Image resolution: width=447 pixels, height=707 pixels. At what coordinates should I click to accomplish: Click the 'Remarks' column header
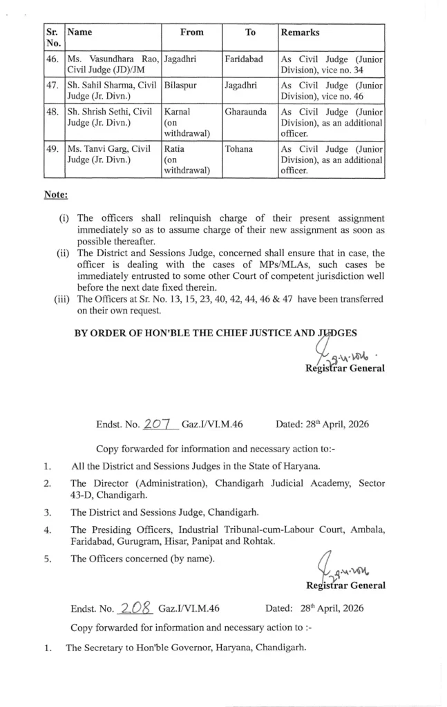coord(300,32)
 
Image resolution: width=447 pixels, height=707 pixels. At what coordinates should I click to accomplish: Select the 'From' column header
coord(192,32)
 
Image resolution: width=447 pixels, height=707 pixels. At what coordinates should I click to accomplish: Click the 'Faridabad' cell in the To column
coord(244,59)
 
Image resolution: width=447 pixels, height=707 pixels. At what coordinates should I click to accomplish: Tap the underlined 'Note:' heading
coord(56,195)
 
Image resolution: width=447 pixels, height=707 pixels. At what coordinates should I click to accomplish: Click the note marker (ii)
coord(63,252)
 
